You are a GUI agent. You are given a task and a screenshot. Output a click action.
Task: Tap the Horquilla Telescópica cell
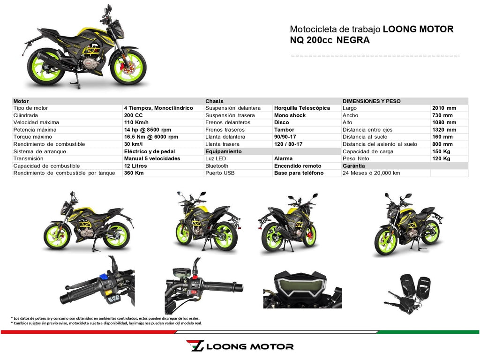(302, 108)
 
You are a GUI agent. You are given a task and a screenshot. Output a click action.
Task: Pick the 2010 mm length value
(444, 108)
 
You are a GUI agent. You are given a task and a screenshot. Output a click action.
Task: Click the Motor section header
(21, 101)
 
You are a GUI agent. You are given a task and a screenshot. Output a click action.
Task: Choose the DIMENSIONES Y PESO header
(372, 101)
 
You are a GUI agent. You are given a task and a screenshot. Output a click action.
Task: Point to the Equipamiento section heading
(223, 152)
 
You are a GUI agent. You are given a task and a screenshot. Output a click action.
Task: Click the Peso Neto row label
(356, 159)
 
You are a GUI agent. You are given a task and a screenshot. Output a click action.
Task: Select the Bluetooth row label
(217, 166)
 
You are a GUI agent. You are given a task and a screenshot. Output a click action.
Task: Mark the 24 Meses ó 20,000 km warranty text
(371, 173)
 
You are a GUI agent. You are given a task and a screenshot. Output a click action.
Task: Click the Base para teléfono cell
(299, 173)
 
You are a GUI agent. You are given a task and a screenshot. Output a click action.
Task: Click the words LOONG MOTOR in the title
(418, 30)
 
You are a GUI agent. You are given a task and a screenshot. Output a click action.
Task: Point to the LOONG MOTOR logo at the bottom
(240, 346)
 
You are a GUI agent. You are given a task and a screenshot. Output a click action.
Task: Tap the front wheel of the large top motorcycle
(127, 67)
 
